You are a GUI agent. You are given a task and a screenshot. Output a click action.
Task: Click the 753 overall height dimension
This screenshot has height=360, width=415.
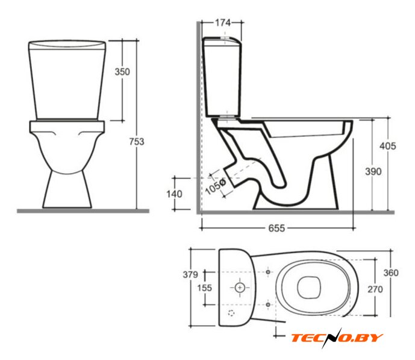click(137, 142)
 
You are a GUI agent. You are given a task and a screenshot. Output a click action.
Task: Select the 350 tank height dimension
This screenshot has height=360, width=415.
click(122, 72)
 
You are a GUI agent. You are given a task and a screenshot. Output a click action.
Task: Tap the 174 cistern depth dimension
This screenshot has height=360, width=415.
click(223, 23)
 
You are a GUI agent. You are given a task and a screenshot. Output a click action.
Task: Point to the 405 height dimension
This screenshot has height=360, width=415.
click(388, 146)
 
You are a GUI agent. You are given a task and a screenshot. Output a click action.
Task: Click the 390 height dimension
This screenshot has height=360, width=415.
click(373, 171)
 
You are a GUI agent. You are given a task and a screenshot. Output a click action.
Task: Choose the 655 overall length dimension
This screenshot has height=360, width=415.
click(276, 228)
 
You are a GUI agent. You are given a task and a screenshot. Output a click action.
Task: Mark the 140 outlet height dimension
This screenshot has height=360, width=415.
click(174, 194)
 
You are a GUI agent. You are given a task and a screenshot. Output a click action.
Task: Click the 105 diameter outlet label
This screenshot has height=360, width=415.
click(215, 186)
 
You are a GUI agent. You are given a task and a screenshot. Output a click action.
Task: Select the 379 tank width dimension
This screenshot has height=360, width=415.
click(190, 275)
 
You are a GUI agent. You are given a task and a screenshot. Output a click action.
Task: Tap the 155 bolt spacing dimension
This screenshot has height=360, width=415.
click(205, 288)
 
